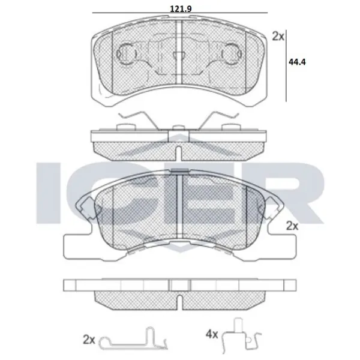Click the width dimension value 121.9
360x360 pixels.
point(181,9)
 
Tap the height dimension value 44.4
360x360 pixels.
point(297,62)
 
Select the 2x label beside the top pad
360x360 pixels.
point(278,37)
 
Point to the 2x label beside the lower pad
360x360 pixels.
point(292,226)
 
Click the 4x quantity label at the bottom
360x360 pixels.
point(211,334)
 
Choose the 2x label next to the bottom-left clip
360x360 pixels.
point(89,340)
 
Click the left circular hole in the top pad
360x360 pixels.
point(126,54)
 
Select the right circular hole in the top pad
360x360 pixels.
point(232,54)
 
